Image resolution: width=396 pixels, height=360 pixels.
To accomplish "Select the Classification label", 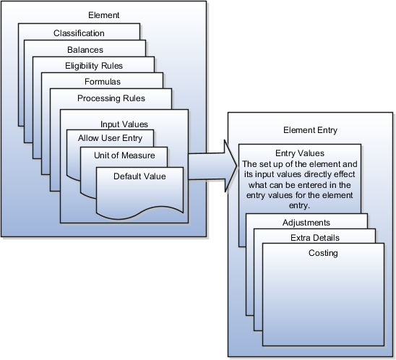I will pyautogui.click(x=79, y=33).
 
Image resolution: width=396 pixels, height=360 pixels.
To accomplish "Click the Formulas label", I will pyautogui.click(x=102, y=82).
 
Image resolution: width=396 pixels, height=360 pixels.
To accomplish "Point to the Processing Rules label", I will pyautogui.click(x=111, y=98).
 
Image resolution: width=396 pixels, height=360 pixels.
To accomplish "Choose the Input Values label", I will pyautogui.click(x=124, y=124).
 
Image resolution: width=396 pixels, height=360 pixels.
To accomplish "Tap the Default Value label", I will pyautogui.click(x=139, y=176).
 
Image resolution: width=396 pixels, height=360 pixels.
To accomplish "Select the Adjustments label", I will pyautogui.click(x=306, y=223).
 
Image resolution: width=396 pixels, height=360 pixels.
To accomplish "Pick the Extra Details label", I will pyautogui.click(x=314, y=237).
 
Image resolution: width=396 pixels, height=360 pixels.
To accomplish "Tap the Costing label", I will pyautogui.click(x=323, y=253).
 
